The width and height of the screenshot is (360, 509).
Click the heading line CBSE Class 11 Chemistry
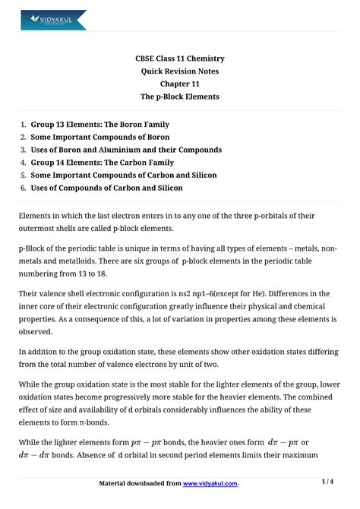point(180,58)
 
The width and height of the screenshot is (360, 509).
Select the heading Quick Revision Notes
point(180,71)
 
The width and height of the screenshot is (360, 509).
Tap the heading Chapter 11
point(180,84)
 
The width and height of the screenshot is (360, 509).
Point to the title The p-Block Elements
point(180,97)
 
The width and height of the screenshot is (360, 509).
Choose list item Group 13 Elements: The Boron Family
point(99,125)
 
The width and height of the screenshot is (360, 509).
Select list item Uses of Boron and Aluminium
point(126,150)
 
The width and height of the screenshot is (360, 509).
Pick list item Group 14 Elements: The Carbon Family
point(102,163)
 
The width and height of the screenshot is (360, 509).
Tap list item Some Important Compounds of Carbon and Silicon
point(123,175)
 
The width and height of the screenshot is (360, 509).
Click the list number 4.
point(24,163)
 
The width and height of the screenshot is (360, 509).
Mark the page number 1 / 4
point(328,482)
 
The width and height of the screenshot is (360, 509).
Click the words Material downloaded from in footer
point(141,483)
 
